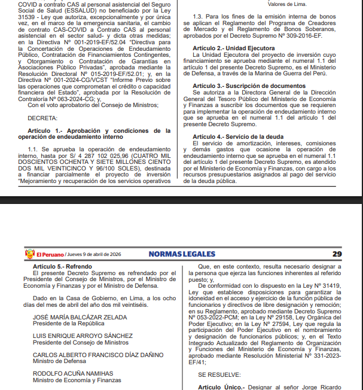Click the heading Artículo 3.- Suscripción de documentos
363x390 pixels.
(246, 86)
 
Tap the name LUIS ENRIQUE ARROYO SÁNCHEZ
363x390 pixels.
(83, 336)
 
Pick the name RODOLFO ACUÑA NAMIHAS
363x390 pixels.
(72, 373)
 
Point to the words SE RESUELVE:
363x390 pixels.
(219, 374)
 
